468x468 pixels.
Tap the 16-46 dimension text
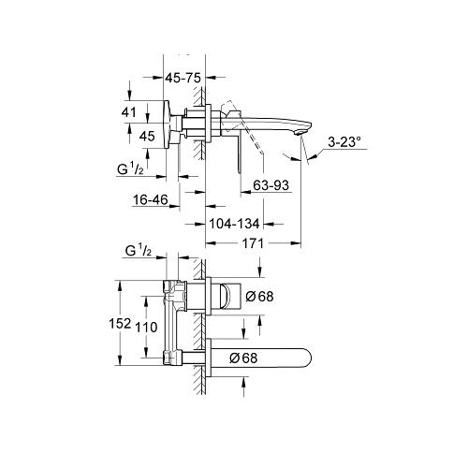click(x=150, y=200)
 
